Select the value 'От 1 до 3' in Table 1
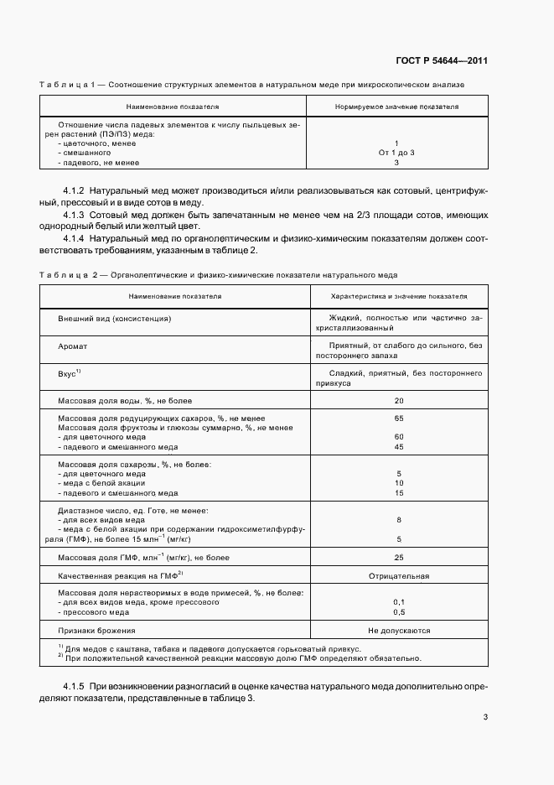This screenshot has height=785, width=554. [x=396, y=153]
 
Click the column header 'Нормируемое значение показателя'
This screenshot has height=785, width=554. [x=396, y=107]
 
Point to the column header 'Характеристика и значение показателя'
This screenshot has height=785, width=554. [x=399, y=296]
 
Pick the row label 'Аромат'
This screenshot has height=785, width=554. [x=72, y=346]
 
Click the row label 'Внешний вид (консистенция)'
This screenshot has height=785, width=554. [x=115, y=320]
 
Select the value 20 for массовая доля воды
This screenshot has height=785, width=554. [x=399, y=401]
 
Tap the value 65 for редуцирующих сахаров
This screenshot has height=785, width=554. [x=399, y=418]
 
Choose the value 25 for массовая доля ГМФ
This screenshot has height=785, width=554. [x=399, y=557]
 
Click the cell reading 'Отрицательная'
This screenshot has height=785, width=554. [x=399, y=576]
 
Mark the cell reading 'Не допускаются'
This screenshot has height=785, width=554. [x=399, y=630]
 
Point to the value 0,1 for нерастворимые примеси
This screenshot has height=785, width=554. [x=399, y=602]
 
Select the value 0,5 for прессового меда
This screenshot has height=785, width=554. [x=399, y=612]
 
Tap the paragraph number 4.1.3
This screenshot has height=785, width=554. [x=76, y=215]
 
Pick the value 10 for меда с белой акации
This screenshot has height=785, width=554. [x=399, y=483]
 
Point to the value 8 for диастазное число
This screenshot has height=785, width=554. [x=399, y=520]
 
